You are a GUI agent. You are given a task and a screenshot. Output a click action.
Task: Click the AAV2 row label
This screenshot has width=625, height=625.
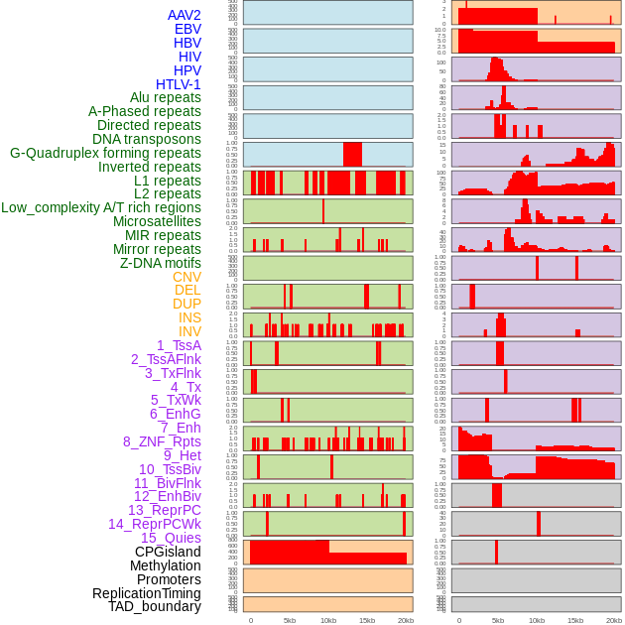185,15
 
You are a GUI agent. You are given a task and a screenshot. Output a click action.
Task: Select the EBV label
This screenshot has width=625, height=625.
187,29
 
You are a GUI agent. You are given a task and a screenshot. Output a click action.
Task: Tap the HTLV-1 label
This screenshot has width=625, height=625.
179,84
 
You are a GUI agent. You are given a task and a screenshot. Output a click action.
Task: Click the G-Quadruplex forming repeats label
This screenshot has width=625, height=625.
105,153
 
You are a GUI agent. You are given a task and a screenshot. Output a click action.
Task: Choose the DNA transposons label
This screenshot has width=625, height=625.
147,139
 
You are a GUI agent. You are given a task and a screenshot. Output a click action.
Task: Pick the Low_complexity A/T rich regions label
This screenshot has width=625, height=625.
101,207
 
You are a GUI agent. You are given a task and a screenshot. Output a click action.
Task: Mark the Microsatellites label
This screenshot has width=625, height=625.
157,221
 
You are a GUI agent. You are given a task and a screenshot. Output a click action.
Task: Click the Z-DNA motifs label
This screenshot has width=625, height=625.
161,263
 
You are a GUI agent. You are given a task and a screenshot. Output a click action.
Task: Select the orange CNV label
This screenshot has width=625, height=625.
187,277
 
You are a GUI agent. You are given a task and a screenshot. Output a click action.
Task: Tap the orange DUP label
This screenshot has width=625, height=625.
187,304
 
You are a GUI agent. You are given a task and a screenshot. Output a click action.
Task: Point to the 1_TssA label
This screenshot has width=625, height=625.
179,345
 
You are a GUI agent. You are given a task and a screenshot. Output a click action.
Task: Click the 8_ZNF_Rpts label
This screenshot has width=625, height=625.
162,441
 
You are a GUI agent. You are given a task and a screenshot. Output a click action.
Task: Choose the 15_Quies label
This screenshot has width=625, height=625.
171,538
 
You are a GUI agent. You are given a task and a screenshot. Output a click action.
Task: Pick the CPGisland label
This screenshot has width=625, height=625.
168,552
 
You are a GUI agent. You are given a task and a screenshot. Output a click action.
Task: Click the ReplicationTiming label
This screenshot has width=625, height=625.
146,593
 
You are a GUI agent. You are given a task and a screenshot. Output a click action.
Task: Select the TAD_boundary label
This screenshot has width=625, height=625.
155,606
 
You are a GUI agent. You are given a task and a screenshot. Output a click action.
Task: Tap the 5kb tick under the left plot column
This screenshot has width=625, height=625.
290,620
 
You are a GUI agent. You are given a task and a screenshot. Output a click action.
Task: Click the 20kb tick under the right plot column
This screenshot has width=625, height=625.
614,620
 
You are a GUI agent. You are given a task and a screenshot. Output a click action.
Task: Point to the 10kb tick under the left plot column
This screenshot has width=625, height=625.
327,620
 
